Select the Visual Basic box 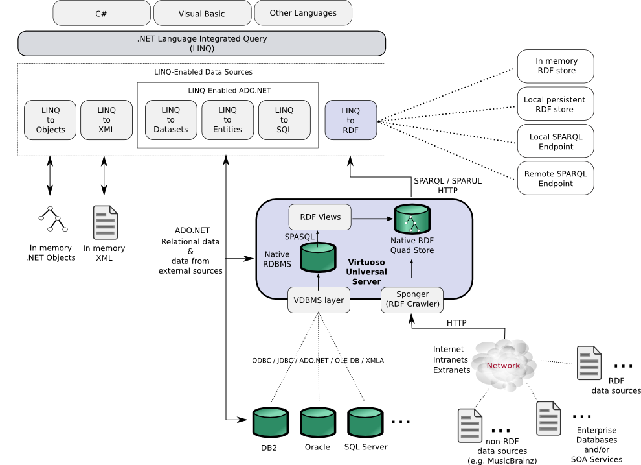pyautogui.click(x=201, y=13)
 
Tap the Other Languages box pyautogui.click(x=303, y=13)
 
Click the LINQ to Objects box pyautogui.click(x=51, y=120)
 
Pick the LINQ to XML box pyautogui.click(x=106, y=120)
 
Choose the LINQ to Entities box pyautogui.click(x=227, y=120)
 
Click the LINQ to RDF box pyautogui.click(x=350, y=120)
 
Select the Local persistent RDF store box pyautogui.click(x=555, y=104)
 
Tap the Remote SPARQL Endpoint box pyautogui.click(x=555, y=179)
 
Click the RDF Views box pyautogui.click(x=320, y=217)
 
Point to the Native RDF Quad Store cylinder pyautogui.click(x=412, y=219)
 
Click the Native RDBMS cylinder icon pyautogui.click(x=318, y=257)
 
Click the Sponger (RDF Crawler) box pyautogui.click(x=412, y=300)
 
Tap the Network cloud pyautogui.click(x=503, y=366)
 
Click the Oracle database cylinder pyautogui.click(x=318, y=422)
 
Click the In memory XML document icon pyautogui.click(x=105, y=222)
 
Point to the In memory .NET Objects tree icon pyautogui.click(x=52, y=219)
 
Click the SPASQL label pyautogui.click(x=300, y=237)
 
